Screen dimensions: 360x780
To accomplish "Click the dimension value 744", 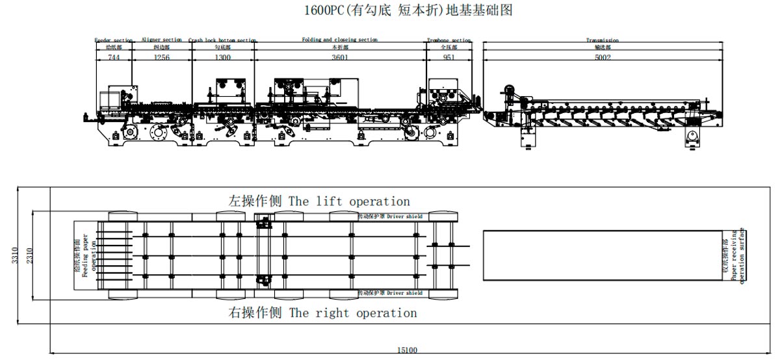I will coord(114,57).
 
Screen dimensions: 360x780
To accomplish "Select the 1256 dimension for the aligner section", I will coord(161,57).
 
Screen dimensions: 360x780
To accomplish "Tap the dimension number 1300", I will coord(222,57).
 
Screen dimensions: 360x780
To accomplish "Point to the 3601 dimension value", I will coord(340,57).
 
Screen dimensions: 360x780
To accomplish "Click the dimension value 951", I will coord(448,57).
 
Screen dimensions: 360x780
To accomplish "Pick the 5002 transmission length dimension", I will coord(602,57).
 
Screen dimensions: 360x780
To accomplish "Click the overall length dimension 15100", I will coord(407,351).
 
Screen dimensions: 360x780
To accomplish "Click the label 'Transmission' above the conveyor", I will coord(602,40).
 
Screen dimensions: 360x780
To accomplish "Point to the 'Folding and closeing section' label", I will coord(339,40).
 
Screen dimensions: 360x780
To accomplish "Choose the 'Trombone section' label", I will coord(448,40).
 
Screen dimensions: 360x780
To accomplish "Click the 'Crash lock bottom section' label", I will coord(222,40).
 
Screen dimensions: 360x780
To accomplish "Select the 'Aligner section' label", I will coord(161,40).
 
